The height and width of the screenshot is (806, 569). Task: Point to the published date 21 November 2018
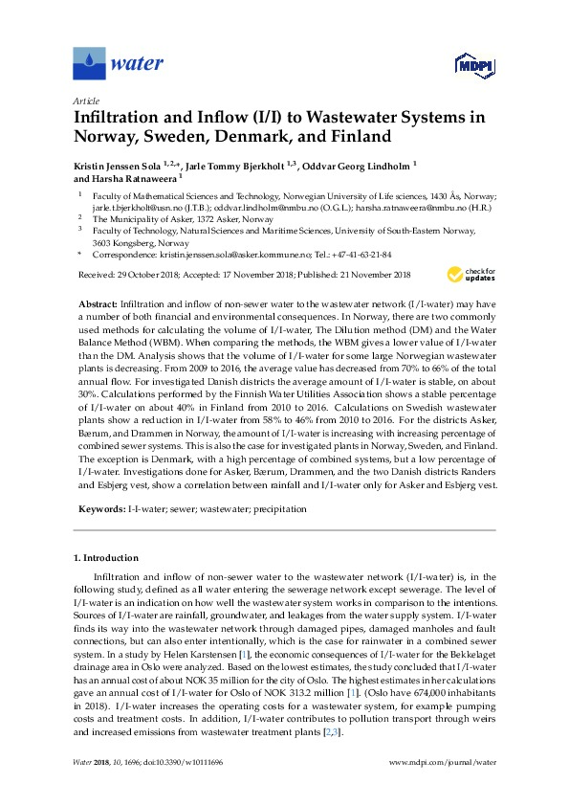coord(364,275)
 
